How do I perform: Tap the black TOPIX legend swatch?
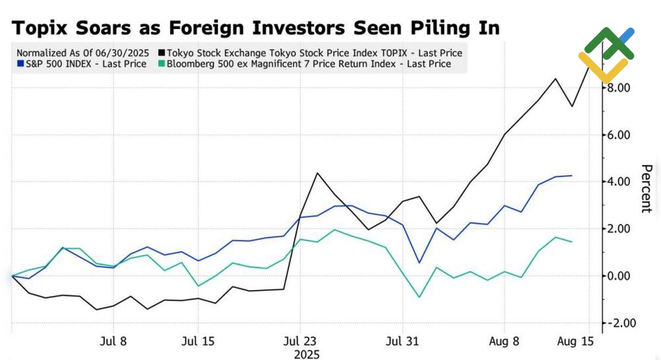(x=162, y=53)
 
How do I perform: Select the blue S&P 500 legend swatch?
(x=20, y=64)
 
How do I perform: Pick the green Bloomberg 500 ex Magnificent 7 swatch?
(x=162, y=64)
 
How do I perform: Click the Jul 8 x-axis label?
(x=112, y=342)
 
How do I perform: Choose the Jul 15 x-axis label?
(x=198, y=342)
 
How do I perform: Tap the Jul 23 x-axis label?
(x=300, y=342)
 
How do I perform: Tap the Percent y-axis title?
(x=646, y=188)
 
